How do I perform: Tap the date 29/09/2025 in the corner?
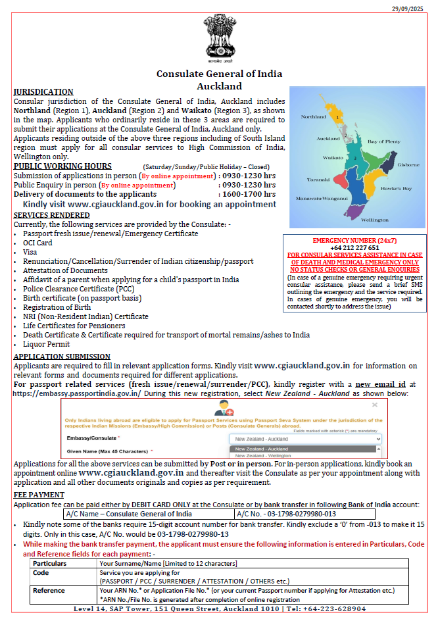click(x=411, y=7)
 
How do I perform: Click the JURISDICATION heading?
click(x=43, y=92)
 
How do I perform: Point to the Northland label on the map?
click(x=313, y=116)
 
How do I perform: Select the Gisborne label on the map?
click(x=408, y=164)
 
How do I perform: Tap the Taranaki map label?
click(x=319, y=179)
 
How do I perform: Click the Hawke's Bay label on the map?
click(x=397, y=188)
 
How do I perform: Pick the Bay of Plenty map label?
click(x=383, y=141)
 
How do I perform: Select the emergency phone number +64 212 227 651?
click(x=354, y=248)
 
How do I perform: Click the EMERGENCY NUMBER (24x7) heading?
click(x=354, y=241)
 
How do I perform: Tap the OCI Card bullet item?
click(x=38, y=243)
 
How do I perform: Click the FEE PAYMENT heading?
click(x=39, y=495)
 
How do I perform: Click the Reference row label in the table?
click(x=50, y=591)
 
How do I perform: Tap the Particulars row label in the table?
click(x=50, y=564)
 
